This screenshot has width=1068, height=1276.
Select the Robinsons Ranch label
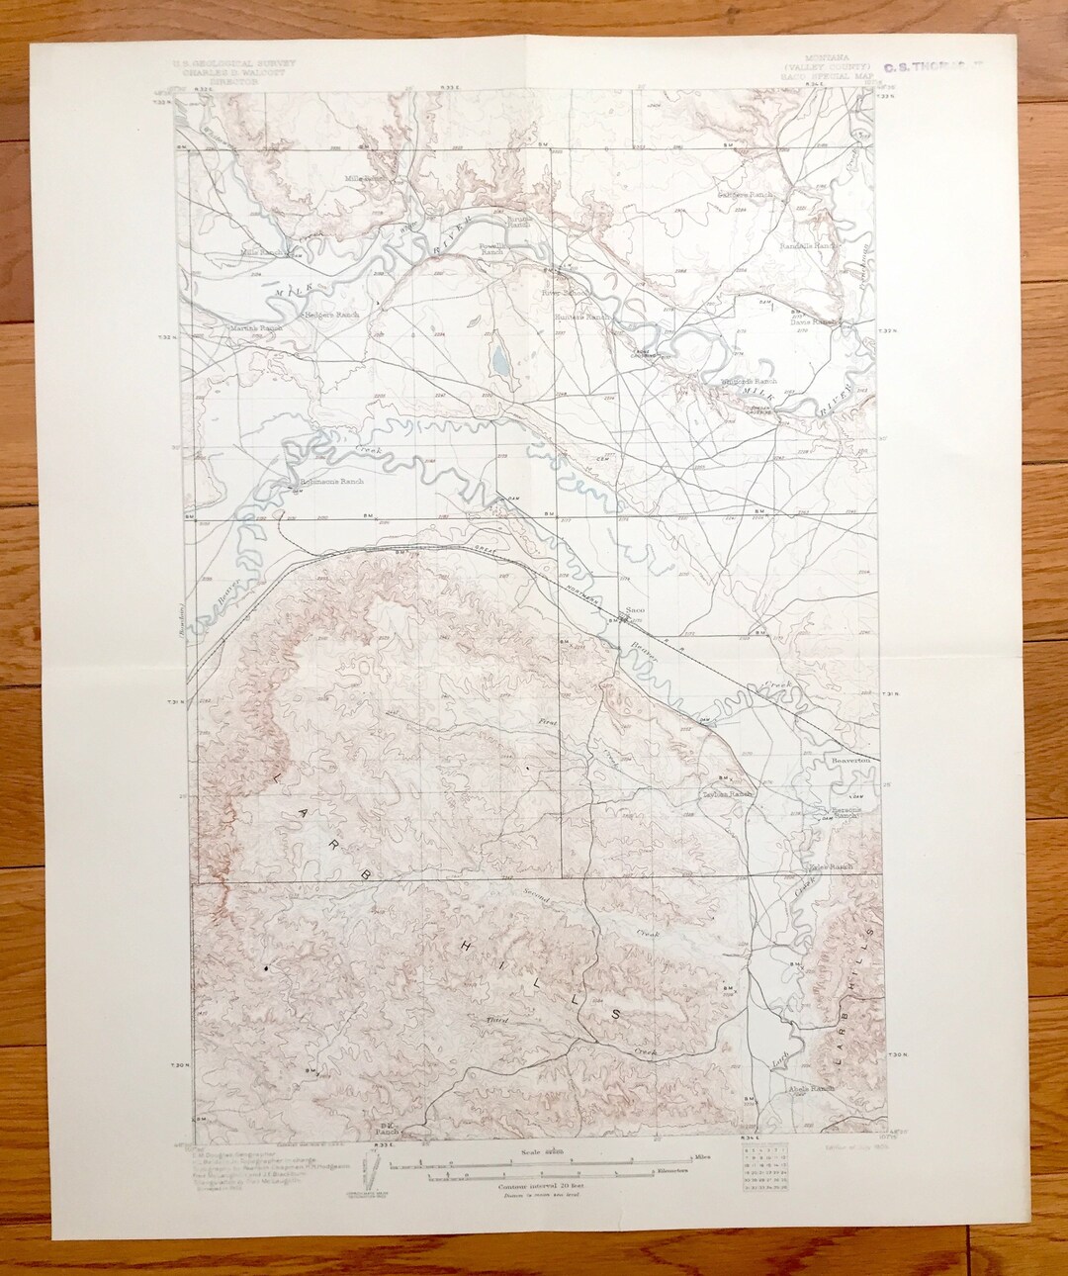[x=332, y=482]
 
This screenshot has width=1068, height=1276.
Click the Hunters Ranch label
[x=582, y=318]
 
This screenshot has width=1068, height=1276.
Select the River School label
[x=564, y=293]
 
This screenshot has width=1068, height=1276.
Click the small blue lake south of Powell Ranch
[x=501, y=359]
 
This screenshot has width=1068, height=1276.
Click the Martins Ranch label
[x=256, y=326]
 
